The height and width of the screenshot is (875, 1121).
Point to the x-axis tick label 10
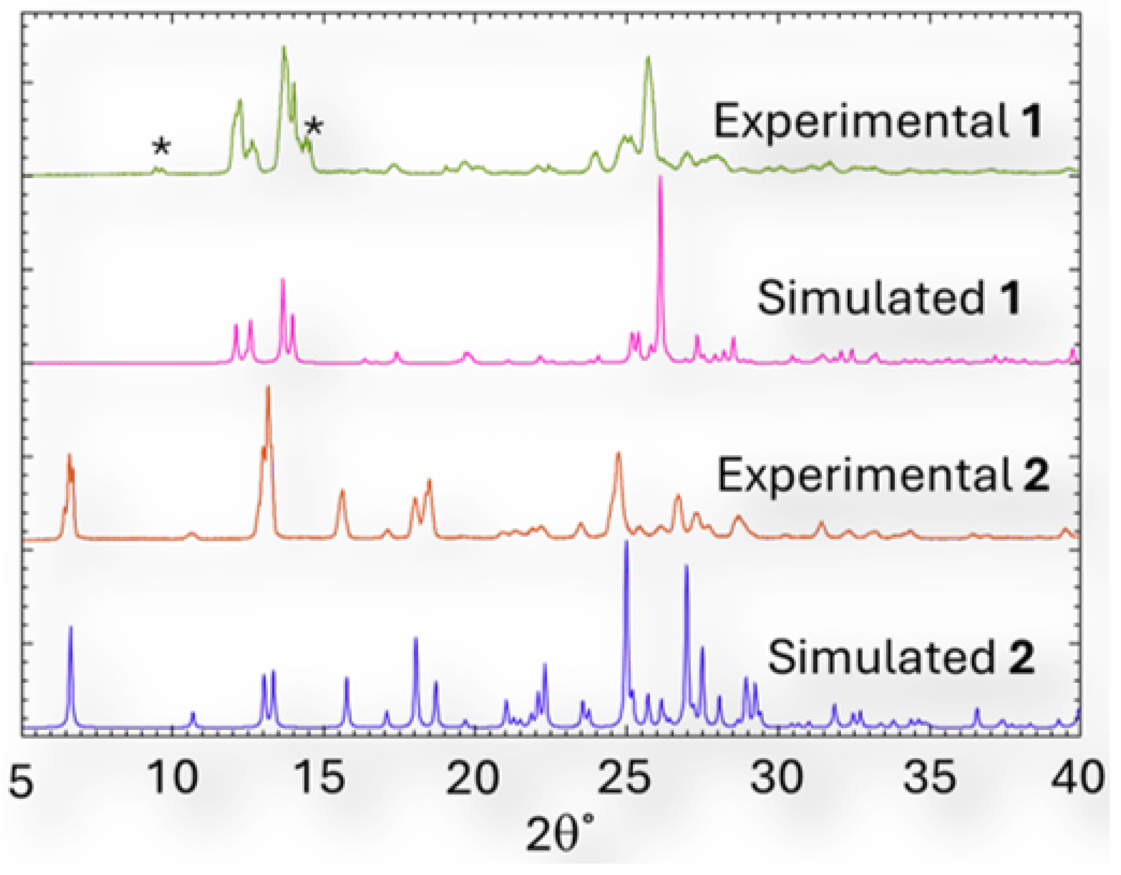click(x=172, y=777)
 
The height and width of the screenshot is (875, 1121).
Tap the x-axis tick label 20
click(x=472, y=777)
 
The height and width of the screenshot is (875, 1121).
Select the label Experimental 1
click(x=878, y=121)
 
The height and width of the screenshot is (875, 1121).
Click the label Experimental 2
click(x=883, y=476)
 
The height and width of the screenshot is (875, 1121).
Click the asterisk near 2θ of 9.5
click(x=161, y=148)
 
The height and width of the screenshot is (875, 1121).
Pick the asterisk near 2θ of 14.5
click(x=313, y=127)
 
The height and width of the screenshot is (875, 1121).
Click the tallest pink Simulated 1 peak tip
click(x=660, y=177)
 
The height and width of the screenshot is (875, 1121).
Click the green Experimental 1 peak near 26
click(x=648, y=57)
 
